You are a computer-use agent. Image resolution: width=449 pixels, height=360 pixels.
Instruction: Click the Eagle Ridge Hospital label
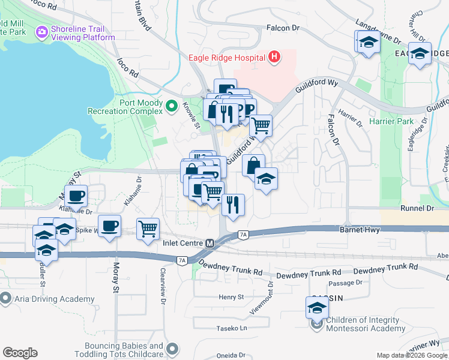point(227,58)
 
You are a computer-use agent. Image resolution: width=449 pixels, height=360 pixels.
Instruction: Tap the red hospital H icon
point(274,58)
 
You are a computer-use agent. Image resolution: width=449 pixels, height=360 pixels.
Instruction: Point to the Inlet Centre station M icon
point(209,244)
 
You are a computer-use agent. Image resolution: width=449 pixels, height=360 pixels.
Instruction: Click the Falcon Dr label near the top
point(283,28)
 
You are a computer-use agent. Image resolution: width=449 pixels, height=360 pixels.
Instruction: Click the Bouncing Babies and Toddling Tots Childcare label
point(124,350)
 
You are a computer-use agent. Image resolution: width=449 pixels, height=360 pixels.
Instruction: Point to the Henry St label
point(231,296)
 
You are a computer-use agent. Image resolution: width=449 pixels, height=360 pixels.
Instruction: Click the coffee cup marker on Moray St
point(109,226)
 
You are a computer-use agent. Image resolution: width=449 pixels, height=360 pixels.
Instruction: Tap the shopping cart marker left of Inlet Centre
point(148,228)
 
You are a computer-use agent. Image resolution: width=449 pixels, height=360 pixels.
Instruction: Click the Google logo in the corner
point(20,353)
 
